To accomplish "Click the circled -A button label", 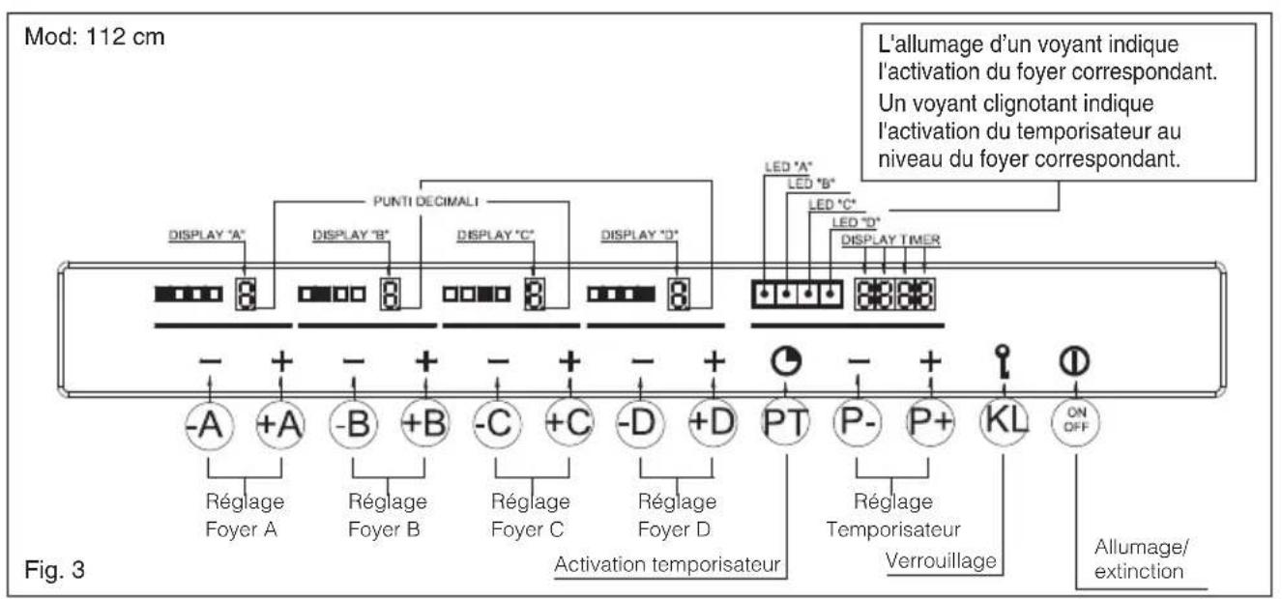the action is tap(210, 425).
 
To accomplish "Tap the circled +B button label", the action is tap(424, 424).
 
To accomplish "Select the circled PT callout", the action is tap(786, 422).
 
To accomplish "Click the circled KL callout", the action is tap(1004, 421).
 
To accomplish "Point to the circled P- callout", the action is tap(858, 422).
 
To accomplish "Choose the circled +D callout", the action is tap(713, 423).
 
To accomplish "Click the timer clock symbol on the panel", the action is tap(786, 361).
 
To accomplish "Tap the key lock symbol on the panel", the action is tap(1003, 361).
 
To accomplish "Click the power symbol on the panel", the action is tap(1074, 361).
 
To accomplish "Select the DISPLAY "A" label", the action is tap(207, 235).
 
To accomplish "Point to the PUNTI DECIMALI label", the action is tap(425, 201).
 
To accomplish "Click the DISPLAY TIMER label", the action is tap(890, 241).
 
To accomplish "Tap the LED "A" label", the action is tap(789, 167).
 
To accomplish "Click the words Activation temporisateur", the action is tap(667, 564).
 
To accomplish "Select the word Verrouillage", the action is tap(941, 560).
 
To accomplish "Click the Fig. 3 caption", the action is tap(54, 570).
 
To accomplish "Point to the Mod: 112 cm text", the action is tap(95, 37).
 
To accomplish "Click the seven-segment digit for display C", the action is tap(535, 295).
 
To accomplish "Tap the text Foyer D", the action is tap(674, 529).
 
